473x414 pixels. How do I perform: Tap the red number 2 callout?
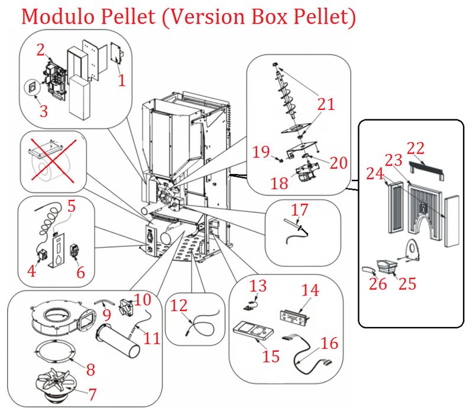point(40,50)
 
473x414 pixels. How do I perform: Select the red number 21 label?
point(326,105)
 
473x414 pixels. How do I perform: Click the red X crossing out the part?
point(53,160)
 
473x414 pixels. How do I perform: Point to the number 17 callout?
point(300,210)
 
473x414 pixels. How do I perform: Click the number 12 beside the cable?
point(179,306)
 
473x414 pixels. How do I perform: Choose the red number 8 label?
point(90,370)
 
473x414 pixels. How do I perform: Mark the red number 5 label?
point(72,207)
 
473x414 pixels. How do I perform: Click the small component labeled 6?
point(74,251)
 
